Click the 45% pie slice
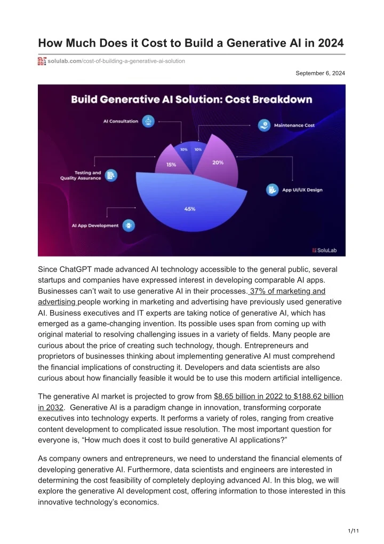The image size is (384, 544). [x=189, y=206]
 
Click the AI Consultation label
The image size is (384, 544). [x=121, y=121]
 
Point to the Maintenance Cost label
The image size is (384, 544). [x=294, y=126]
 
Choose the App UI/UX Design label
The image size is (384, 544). [x=302, y=190]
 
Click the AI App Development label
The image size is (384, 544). [x=95, y=226]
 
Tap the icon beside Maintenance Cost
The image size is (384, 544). [x=265, y=126]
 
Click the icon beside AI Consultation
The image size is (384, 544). [x=149, y=121]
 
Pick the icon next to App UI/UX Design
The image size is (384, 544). [x=273, y=190]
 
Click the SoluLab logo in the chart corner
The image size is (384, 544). [x=326, y=250]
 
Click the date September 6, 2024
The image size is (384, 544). [x=320, y=73]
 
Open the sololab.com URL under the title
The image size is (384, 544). [x=116, y=61]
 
